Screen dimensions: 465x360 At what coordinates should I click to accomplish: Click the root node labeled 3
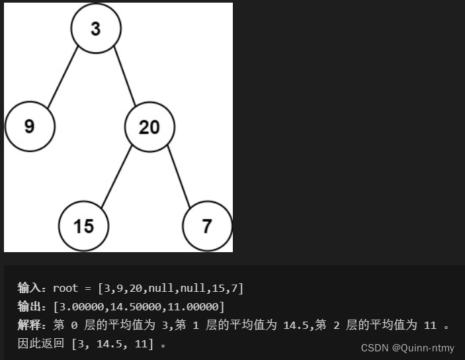[96, 30]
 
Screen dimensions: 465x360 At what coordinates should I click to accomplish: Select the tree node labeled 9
[29, 126]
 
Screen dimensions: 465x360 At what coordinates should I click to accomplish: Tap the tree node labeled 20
[149, 126]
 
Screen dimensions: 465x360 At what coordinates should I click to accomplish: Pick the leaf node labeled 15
[83, 226]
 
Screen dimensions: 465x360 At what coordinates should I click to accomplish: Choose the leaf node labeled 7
[207, 226]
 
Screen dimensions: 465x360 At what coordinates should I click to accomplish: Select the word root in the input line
[65, 288]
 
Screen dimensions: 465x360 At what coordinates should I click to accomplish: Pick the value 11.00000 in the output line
[195, 306]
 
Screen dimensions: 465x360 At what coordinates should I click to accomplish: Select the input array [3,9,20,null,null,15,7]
[171, 288]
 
